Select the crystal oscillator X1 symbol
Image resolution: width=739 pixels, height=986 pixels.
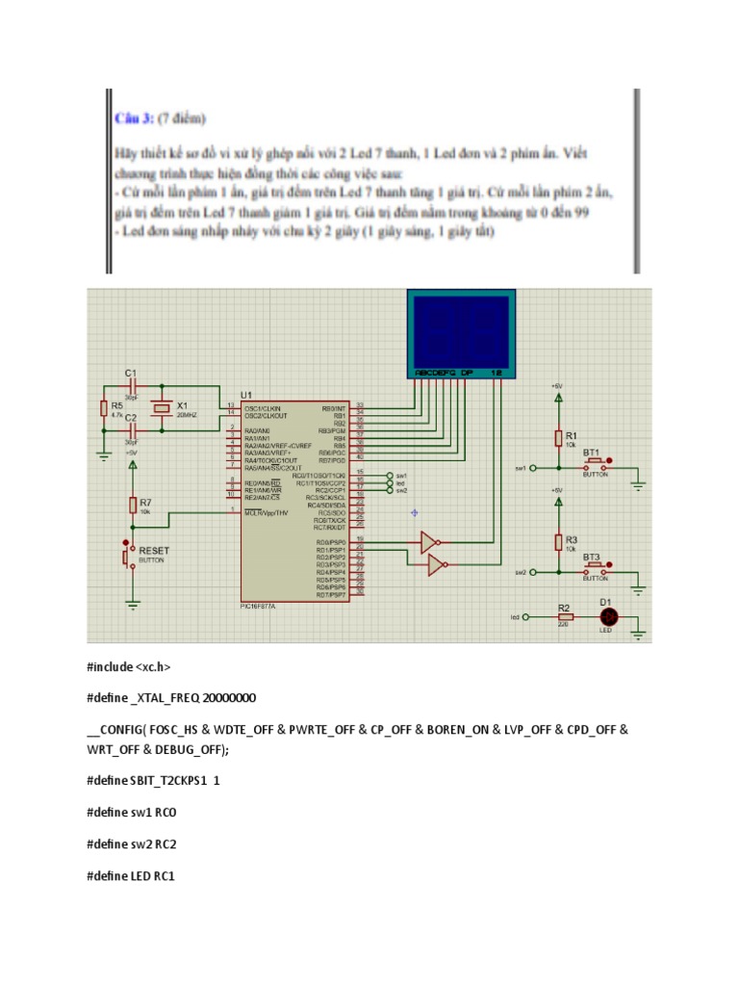(x=162, y=409)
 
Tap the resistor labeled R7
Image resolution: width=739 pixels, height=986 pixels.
(x=133, y=506)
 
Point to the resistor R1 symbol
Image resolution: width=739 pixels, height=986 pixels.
(x=557, y=439)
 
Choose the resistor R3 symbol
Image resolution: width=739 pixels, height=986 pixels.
(x=557, y=542)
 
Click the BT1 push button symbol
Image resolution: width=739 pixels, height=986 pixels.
(x=595, y=463)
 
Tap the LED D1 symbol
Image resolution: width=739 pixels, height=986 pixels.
(x=607, y=616)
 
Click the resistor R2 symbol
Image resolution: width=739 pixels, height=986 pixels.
(x=565, y=616)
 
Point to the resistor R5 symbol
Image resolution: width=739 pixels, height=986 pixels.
(x=103, y=409)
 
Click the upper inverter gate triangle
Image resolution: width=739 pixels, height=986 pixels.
(x=429, y=543)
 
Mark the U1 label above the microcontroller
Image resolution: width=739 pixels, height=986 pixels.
(x=246, y=395)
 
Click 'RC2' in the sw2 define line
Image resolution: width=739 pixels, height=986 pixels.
(x=166, y=843)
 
